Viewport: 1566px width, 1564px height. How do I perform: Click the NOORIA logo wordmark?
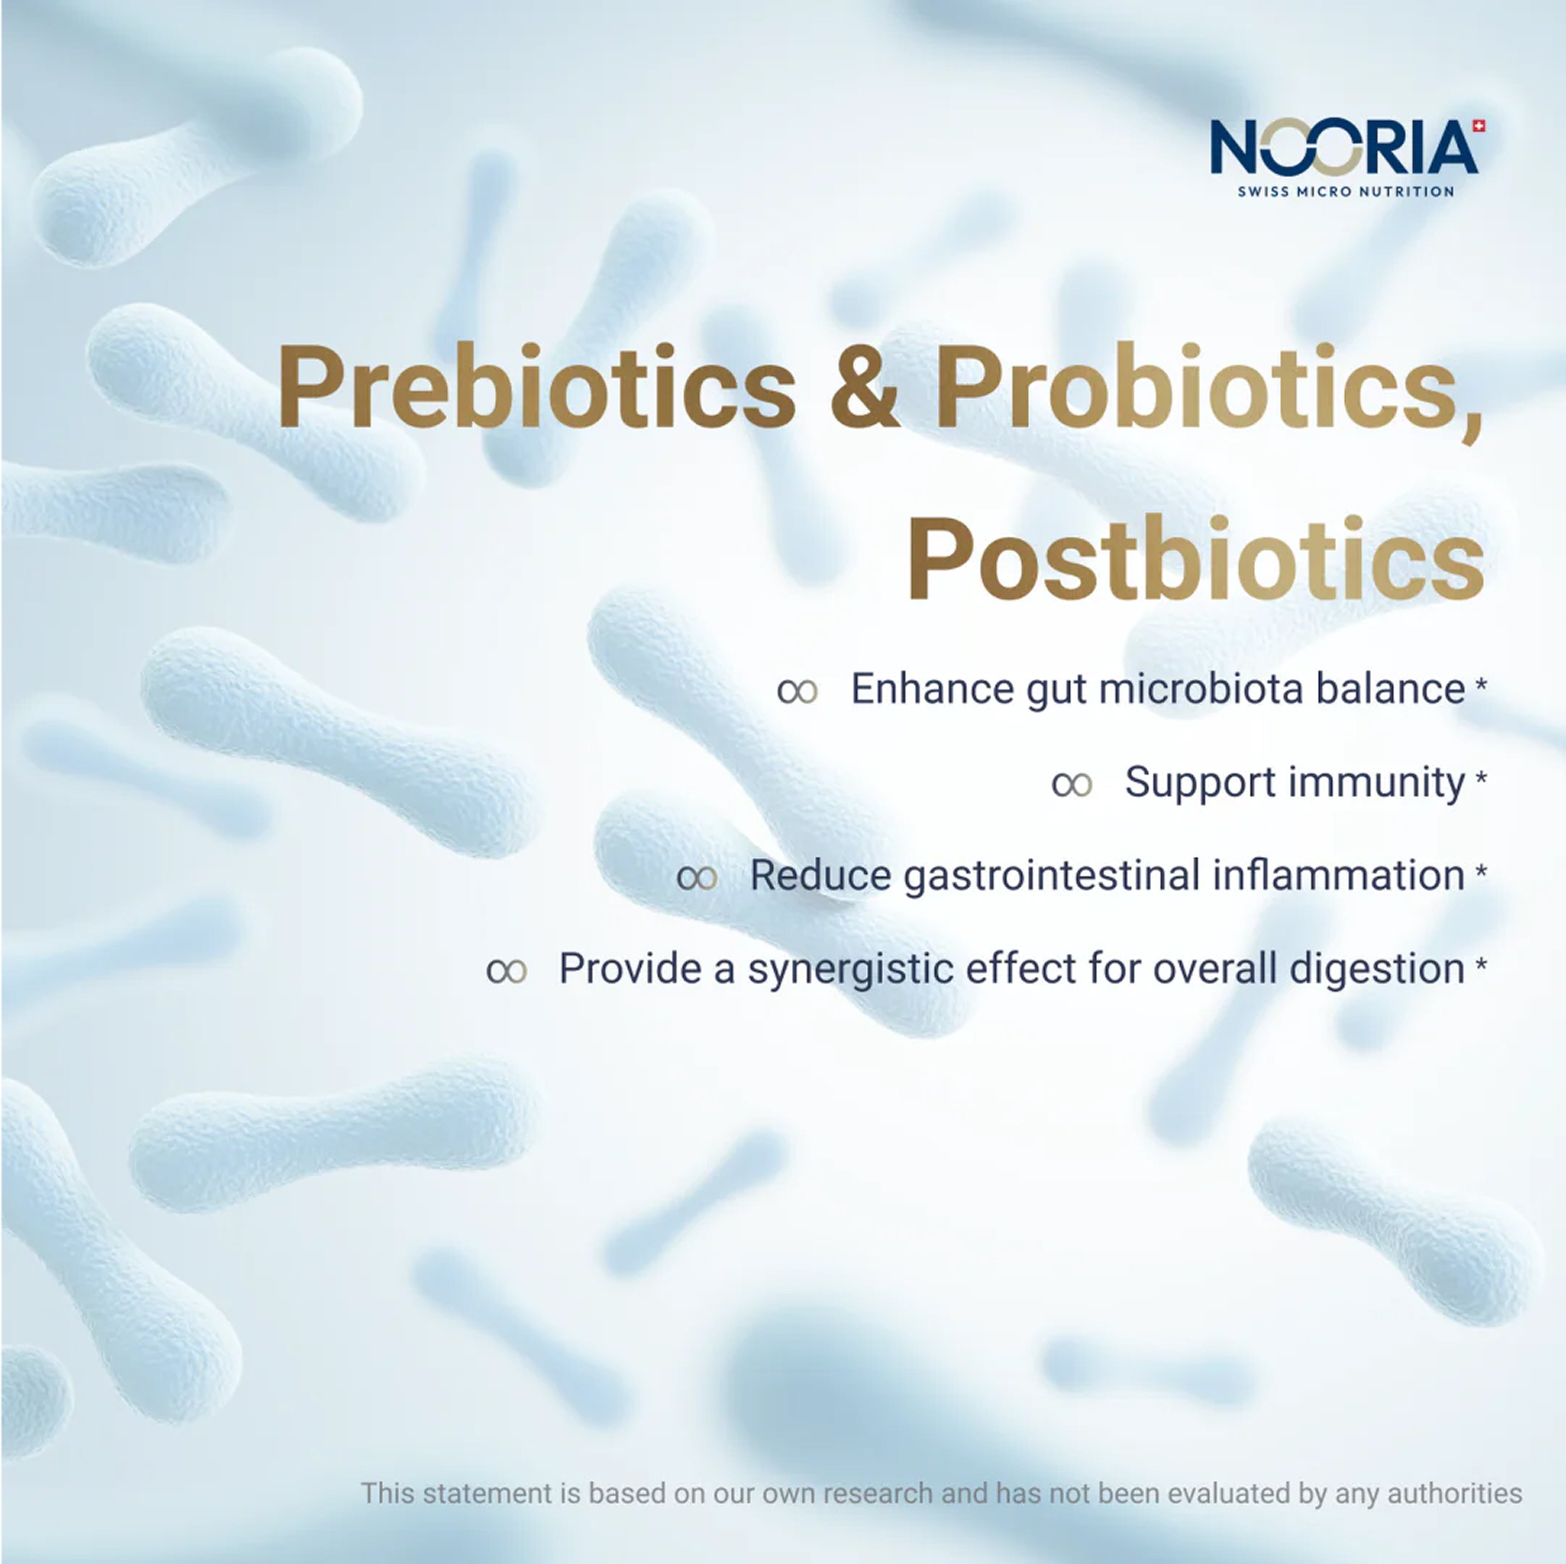coord(1344,148)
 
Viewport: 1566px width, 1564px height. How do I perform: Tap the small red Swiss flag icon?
coord(1479,126)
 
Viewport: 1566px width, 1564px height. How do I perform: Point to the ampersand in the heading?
coord(865,387)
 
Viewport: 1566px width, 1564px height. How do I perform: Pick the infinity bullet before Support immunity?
coord(1072,784)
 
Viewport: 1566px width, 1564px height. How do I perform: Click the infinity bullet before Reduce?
coord(697,878)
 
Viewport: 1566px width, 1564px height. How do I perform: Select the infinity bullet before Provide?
coord(507,971)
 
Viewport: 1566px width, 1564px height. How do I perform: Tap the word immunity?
coord(1376,783)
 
